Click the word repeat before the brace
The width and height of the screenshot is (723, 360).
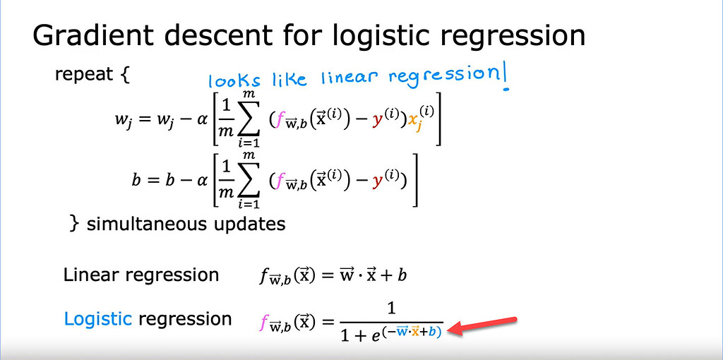(x=83, y=74)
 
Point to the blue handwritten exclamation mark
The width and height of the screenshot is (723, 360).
(x=506, y=78)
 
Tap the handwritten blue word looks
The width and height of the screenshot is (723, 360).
(x=234, y=80)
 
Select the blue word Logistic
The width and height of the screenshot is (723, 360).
(x=97, y=319)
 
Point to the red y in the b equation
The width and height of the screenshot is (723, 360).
(x=379, y=182)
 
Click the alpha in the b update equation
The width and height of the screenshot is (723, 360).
(x=202, y=180)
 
